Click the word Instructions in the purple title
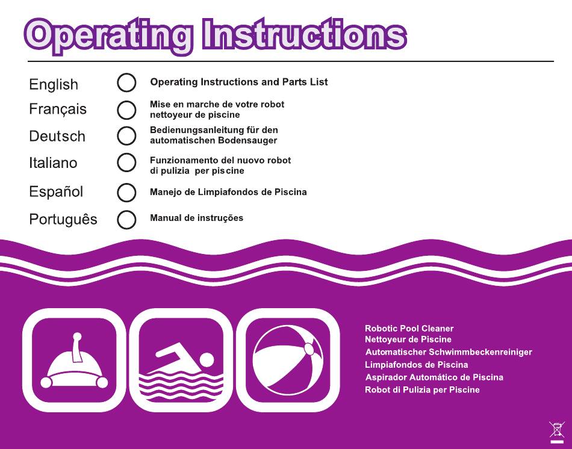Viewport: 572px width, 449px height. tap(304, 35)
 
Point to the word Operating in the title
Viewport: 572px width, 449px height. tap(108, 37)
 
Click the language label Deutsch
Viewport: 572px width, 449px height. tap(57, 137)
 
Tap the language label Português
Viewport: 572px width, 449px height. tap(63, 219)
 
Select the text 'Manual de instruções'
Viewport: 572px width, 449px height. tap(197, 218)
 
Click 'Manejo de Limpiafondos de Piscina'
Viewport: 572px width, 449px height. tap(228, 192)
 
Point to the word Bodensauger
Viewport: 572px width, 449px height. tap(247, 140)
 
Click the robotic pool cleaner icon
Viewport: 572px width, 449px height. tap(74, 360)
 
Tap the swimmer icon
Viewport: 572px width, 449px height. tap(181, 360)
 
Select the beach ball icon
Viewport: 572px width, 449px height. tap(288, 360)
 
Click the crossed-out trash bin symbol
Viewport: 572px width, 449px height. tap(557, 432)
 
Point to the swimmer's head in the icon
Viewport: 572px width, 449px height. tap(207, 360)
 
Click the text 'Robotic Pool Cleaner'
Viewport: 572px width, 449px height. tap(409, 328)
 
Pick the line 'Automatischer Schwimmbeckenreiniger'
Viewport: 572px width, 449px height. tap(449, 352)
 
